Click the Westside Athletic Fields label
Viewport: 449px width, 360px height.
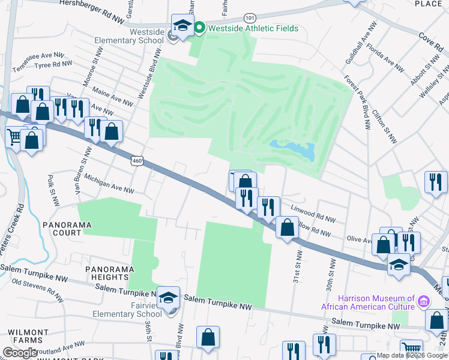[x=253, y=28]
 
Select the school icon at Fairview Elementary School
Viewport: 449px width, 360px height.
[x=169, y=296]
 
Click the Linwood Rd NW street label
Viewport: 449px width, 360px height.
[x=312, y=212]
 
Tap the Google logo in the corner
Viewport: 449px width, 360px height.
[x=20, y=352]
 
